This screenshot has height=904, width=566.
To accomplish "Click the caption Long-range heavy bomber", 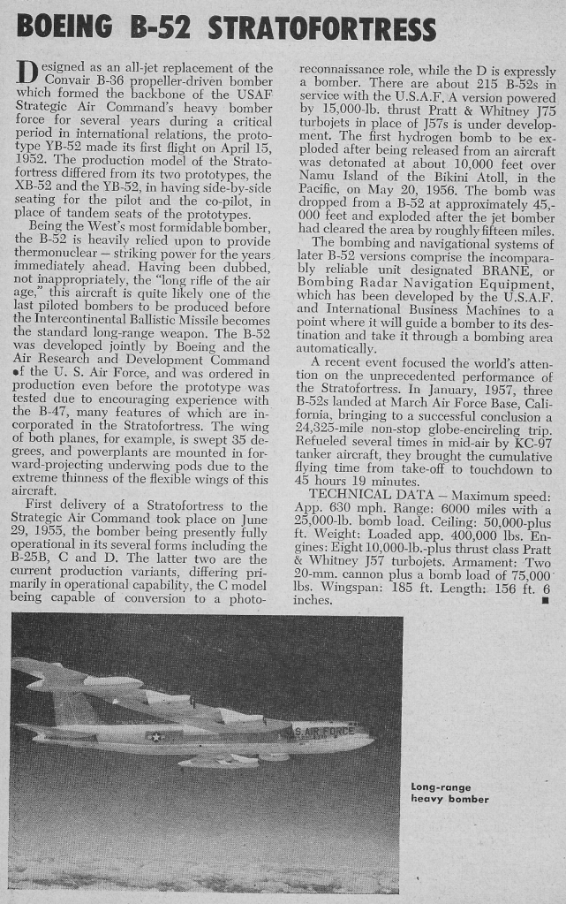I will [449, 794].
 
